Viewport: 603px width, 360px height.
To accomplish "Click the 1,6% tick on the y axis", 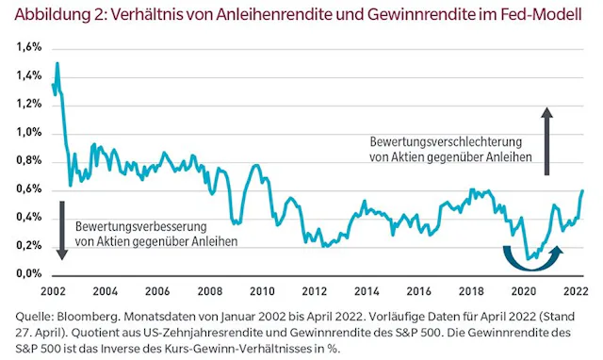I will point(28,47).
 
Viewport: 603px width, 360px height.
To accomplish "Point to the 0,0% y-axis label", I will point(28,273).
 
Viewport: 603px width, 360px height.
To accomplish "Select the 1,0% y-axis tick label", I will point(28,132).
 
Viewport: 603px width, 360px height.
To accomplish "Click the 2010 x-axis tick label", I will point(261,291).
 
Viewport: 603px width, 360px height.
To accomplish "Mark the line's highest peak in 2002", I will point(57,64).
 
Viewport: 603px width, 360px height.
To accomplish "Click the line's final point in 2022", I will point(582,190).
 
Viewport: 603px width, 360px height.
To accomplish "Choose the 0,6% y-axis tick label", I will point(28,188).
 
